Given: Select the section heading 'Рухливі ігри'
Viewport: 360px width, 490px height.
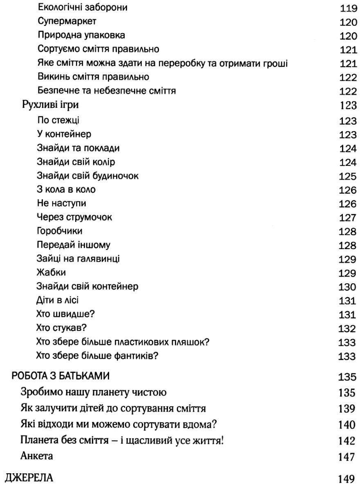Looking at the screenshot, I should (50, 105).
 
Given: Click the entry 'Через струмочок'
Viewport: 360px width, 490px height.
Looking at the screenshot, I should (74, 217).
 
